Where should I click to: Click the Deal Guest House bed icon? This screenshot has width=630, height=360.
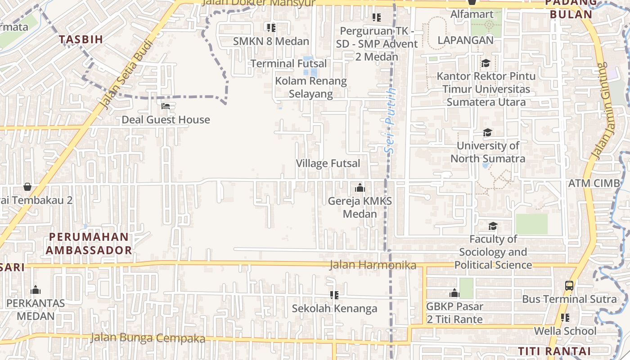coord(166,107)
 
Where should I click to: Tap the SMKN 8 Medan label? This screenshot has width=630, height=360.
coord(271,41)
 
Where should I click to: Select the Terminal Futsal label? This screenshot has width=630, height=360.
coord(288,63)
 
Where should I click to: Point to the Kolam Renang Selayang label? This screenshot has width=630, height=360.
coord(311,87)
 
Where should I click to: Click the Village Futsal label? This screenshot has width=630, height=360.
coord(328,163)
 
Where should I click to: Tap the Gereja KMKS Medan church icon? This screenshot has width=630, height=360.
coord(360,188)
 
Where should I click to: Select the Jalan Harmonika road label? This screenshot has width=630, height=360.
coord(373,265)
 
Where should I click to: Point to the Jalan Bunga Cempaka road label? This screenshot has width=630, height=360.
coord(148,338)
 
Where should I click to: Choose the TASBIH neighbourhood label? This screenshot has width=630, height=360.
coord(81,39)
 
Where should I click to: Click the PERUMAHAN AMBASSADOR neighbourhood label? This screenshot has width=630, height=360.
coord(89,243)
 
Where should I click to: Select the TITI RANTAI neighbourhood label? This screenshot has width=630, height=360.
coord(554,351)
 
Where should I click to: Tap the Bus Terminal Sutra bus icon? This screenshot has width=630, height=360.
coord(569,286)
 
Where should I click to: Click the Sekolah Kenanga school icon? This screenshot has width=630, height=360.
coord(334,295)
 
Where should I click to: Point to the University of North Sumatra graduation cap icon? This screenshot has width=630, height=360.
coord(487,133)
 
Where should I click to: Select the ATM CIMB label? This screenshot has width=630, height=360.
coord(594,184)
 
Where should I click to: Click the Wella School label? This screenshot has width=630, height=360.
coord(565,331)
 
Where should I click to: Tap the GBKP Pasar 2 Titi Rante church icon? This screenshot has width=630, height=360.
coord(454,293)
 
